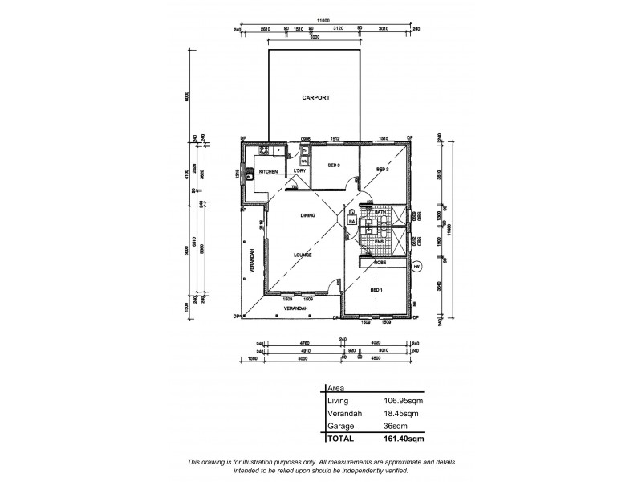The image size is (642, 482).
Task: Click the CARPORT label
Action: click(316, 97)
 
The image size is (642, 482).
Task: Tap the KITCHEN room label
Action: click(268, 172)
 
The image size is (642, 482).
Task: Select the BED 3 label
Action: click(335, 165)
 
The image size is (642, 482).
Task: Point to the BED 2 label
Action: click(383, 170)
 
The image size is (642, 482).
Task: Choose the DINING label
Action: click(307, 215)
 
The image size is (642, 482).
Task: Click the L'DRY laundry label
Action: click(300, 171)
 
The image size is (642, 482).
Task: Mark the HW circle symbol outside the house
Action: click(416, 267)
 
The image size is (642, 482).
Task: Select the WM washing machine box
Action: click(294, 161)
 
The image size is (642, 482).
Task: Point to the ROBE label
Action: click(380, 262)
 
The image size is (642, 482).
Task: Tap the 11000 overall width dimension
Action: click(323, 21)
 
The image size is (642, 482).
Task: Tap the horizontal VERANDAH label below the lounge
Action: click(295, 308)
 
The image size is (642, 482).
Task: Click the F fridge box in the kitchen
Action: click(278, 150)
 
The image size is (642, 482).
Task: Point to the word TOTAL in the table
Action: click(340, 439)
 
